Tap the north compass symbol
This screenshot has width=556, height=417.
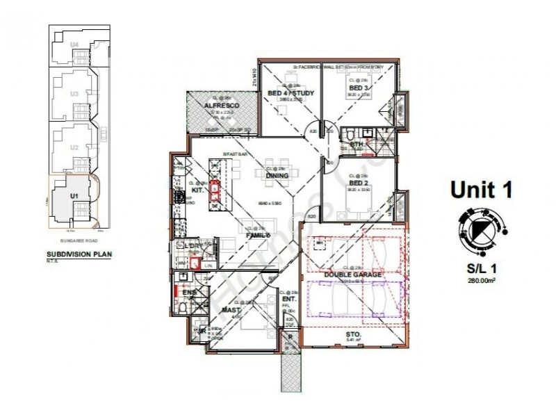click(x=479, y=229)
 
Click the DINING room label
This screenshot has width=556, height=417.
click(x=277, y=175)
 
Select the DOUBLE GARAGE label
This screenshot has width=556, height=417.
click(x=352, y=275)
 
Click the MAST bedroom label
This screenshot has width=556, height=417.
click(x=231, y=310)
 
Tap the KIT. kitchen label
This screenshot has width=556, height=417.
click(x=198, y=190)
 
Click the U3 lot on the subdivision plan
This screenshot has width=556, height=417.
click(x=74, y=92)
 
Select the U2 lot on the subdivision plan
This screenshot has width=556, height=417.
click(x=74, y=147)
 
